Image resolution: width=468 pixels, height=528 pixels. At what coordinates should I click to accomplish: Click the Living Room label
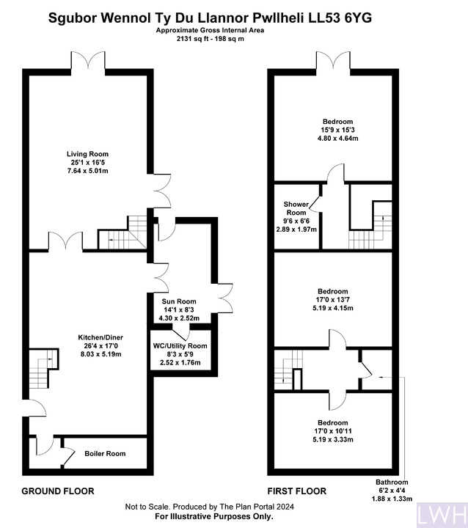click(x=87, y=154)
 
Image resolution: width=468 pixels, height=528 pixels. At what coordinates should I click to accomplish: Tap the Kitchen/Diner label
click(x=100, y=337)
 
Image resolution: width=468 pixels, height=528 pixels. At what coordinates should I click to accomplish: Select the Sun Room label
click(x=179, y=301)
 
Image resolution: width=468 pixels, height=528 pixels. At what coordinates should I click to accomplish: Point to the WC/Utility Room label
click(x=180, y=346)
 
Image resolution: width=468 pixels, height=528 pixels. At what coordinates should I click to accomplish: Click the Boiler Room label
click(x=105, y=454)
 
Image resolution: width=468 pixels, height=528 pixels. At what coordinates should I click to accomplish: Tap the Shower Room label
click(x=296, y=208)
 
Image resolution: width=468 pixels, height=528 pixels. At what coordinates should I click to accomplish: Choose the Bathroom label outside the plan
click(x=392, y=483)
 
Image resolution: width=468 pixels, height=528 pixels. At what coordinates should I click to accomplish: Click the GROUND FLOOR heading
click(x=58, y=491)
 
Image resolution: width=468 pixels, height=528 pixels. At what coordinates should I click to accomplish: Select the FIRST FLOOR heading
click(x=297, y=491)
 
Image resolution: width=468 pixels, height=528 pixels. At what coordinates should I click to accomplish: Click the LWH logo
click(x=442, y=515)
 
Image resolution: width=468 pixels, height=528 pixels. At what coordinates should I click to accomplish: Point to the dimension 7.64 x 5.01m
click(x=87, y=171)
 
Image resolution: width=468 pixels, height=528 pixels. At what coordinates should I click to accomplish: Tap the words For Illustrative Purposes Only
click(x=214, y=516)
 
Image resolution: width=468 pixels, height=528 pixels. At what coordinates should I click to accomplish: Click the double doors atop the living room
click(x=88, y=61)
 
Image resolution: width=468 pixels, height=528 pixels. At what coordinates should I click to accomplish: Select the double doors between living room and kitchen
click(x=66, y=241)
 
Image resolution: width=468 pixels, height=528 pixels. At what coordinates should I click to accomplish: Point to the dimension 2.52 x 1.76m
click(x=180, y=363)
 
